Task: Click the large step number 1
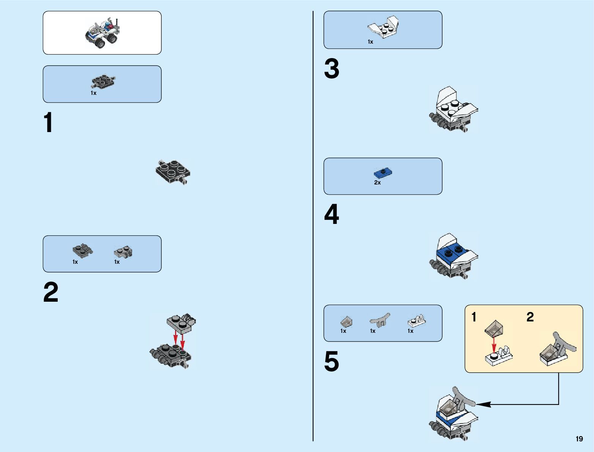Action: click(48, 123)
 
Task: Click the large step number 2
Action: click(51, 292)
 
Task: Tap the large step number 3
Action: click(331, 69)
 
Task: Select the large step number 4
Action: click(331, 214)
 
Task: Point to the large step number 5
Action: click(331, 361)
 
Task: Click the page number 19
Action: click(579, 439)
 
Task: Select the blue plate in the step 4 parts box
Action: click(383, 173)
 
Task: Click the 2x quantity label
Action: click(377, 183)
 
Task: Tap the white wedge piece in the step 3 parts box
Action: click(383, 28)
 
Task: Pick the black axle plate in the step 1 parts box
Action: click(103, 82)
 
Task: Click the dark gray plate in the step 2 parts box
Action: click(82, 250)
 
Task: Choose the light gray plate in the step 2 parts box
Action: click(123, 251)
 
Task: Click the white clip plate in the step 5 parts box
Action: click(416, 322)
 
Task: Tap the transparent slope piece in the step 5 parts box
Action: click(346, 322)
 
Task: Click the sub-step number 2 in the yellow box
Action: click(530, 317)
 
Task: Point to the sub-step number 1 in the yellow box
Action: click(474, 317)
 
